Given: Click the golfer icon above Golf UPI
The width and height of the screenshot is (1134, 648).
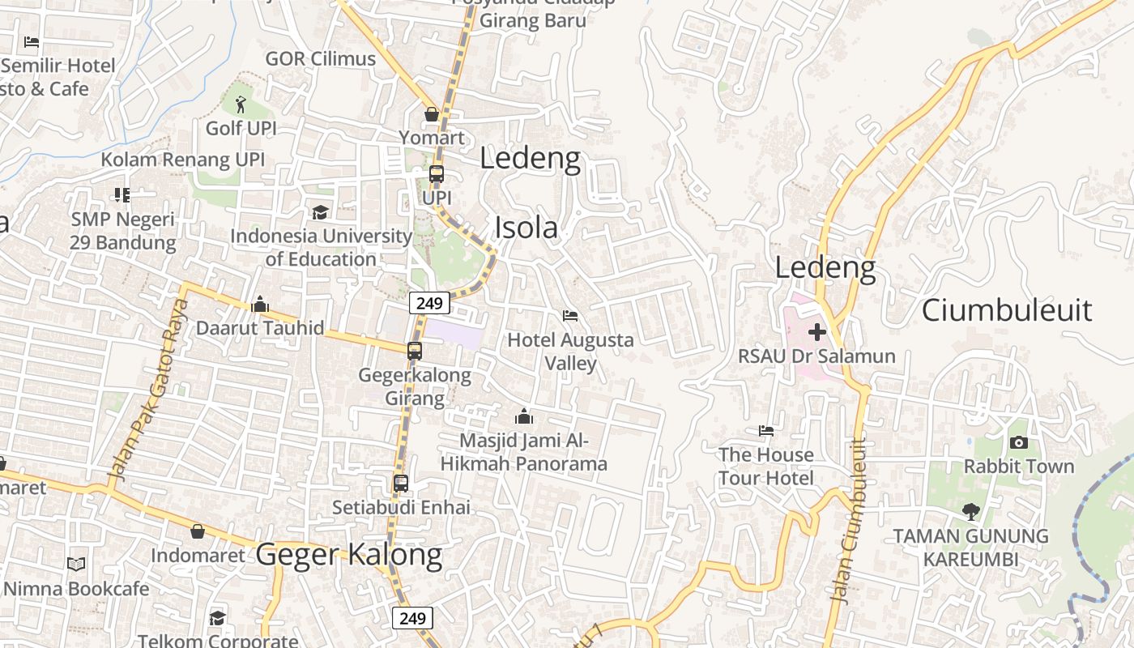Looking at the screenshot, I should tap(240, 104).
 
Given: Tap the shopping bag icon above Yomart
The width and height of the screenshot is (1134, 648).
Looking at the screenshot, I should tap(432, 114).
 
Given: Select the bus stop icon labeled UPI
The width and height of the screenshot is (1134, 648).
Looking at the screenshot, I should tap(436, 174).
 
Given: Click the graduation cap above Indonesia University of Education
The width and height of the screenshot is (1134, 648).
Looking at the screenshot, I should tap(320, 212).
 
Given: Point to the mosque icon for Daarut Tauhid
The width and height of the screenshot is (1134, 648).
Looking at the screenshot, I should tap(260, 304).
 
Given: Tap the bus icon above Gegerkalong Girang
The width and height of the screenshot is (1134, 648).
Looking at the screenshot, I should tap(414, 351).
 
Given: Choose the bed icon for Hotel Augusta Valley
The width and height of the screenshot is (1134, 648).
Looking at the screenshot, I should tap(570, 315).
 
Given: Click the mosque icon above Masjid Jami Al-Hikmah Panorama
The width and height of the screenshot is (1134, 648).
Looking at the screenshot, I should tap(523, 416).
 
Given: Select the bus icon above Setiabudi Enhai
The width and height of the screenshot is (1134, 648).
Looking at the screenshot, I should tap(400, 484).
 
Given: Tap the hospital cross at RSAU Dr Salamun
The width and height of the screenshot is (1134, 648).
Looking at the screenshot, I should tap(816, 331).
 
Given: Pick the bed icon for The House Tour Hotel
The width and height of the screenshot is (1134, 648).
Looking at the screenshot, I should tap(765, 430).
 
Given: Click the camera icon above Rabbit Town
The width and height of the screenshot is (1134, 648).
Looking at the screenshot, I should tap(1018, 442).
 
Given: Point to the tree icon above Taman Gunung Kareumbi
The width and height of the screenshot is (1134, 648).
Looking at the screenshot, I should tap(970, 511).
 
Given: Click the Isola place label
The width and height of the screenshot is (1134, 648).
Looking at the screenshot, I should tap(526, 228).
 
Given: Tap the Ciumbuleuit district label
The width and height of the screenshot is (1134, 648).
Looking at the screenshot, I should tap(1007, 310).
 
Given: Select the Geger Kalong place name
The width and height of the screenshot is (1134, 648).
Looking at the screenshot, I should tap(349, 555).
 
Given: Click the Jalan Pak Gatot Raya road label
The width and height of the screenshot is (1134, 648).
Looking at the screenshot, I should tap(147, 390).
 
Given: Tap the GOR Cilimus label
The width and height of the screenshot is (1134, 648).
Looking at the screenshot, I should tap(321, 58).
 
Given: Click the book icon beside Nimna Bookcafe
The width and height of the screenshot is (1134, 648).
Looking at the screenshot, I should tap(76, 564).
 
